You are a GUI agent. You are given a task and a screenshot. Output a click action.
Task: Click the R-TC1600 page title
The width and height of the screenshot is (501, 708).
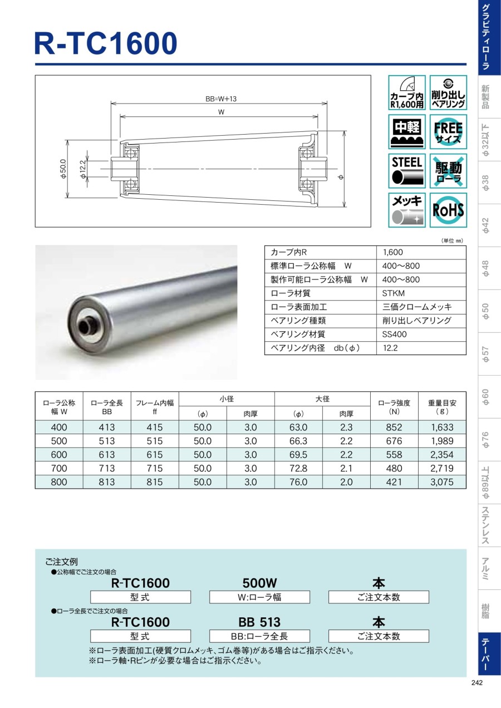coord(106,43)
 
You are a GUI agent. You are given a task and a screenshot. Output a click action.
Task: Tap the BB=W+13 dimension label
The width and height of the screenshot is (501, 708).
coord(221,99)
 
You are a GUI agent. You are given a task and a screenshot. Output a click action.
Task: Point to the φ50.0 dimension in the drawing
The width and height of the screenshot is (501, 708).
coord(63,169)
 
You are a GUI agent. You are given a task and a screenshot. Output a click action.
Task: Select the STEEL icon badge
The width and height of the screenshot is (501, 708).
coord(407,171)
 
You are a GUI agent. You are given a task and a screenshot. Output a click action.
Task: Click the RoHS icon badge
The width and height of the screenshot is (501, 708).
coord(448,210)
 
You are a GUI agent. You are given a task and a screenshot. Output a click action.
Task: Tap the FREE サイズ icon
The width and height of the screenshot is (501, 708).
coord(448,132)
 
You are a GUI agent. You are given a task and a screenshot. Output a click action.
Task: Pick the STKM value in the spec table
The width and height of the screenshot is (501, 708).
coord(393,293)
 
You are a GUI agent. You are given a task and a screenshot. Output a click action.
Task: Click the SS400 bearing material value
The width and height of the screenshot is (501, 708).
coord(394,334)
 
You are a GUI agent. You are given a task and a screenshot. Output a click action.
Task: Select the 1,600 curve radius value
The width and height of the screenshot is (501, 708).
coord(393,252)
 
